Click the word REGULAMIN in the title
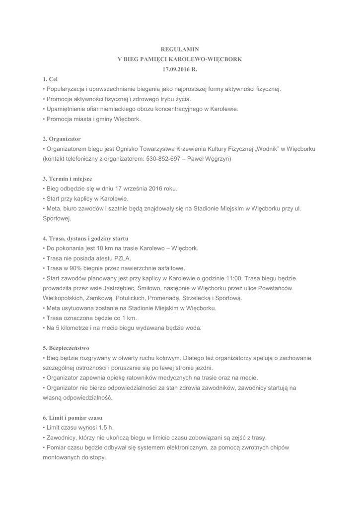coord(180,49)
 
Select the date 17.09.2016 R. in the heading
coord(180,69)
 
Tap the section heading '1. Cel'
coord(50,79)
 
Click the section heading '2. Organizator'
coord(62,138)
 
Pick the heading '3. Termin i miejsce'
coord(67,179)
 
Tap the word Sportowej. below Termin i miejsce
coord(57,218)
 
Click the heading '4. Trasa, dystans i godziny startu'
coord(85,238)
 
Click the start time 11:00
coord(246,278)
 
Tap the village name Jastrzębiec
coord(119,288)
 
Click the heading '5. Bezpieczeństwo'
coord(66,348)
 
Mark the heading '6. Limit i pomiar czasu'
coord(72,418)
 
